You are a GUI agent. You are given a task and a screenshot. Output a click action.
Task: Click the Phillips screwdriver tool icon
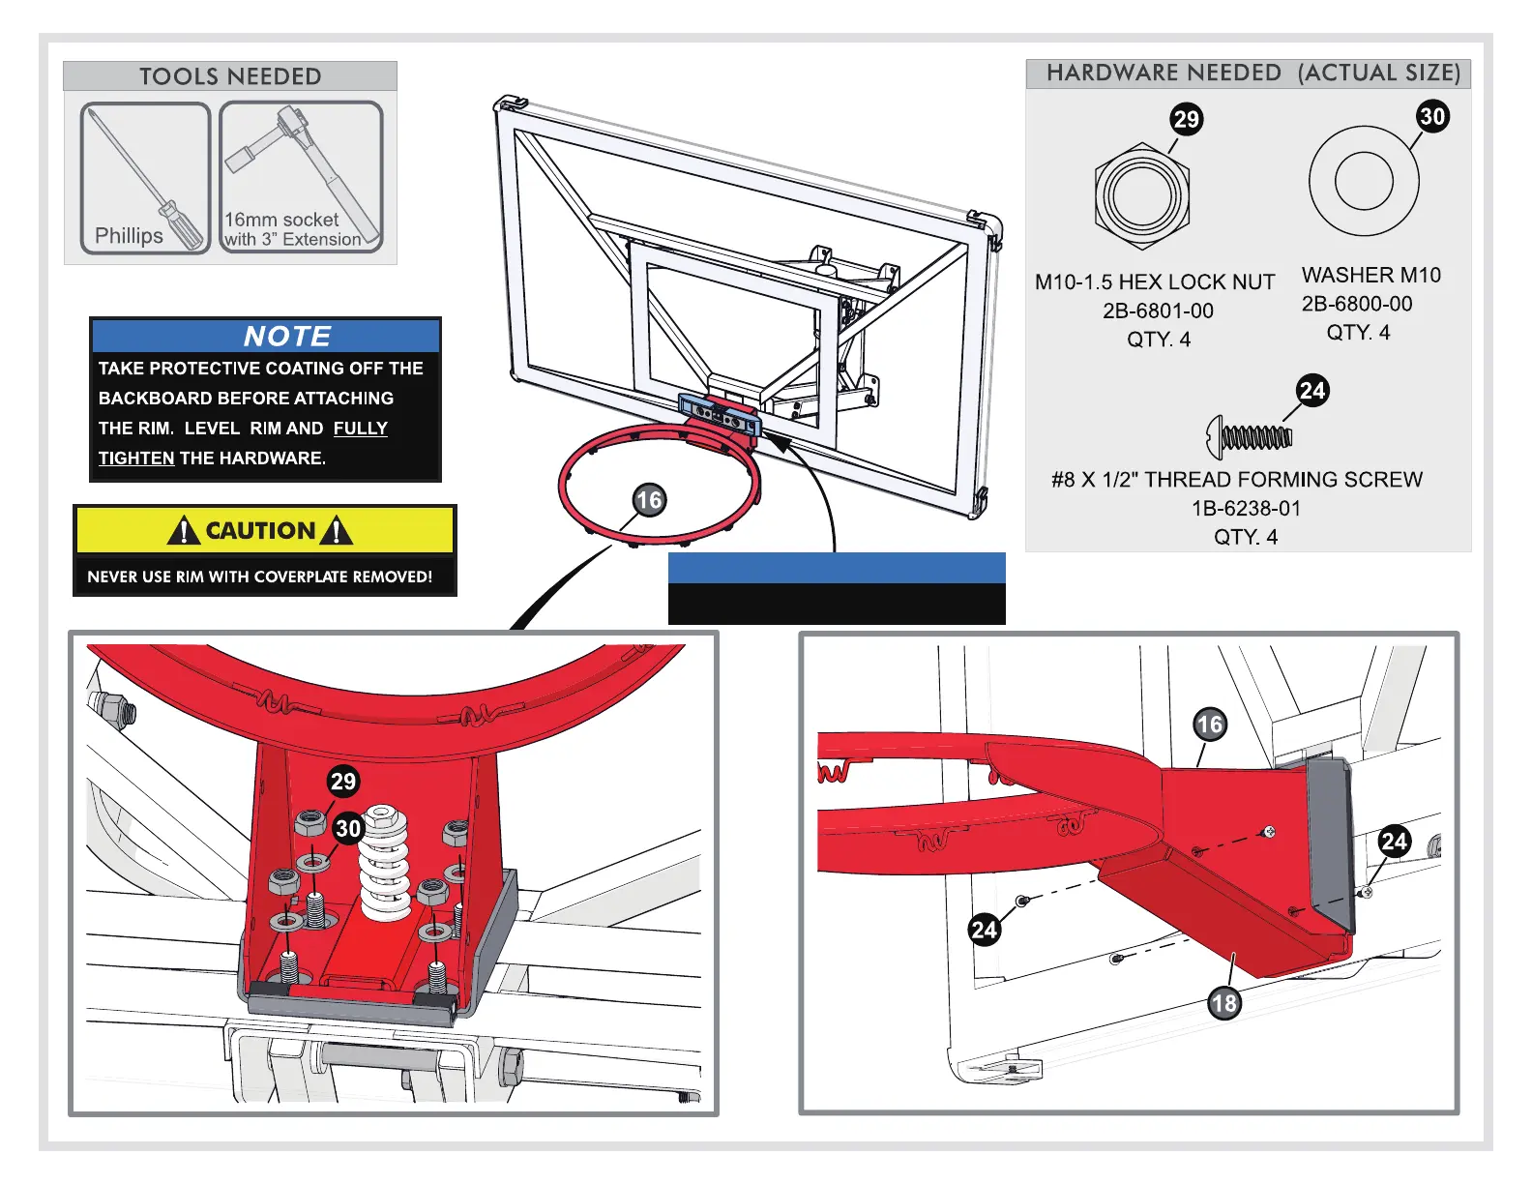[145, 178]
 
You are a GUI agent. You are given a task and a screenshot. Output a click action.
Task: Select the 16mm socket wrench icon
[302, 176]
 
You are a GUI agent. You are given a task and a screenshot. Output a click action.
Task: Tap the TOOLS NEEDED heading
[230, 76]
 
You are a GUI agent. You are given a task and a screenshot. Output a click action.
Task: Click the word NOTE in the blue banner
[287, 336]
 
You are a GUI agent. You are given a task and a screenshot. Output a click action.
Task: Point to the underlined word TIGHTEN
[136, 459]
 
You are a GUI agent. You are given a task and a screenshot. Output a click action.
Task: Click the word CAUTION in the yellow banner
[260, 531]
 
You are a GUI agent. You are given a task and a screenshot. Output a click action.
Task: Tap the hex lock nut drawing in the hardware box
[1142, 196]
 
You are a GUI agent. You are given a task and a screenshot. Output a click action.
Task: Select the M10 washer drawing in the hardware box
[1364, 181]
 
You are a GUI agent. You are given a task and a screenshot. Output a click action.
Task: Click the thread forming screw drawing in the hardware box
[1250, 437]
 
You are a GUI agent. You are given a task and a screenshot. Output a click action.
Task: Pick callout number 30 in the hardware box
[1432, 117]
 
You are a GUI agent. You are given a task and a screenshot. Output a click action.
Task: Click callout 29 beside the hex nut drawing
[1186, 119]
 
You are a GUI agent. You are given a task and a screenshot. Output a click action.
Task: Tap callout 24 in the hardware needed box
[1312, 391]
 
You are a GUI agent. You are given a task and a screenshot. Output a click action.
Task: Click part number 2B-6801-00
[1158, 311]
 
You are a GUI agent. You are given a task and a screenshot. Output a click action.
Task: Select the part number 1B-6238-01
[1246, 508]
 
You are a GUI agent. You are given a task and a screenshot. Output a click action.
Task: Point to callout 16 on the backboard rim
[649, 500]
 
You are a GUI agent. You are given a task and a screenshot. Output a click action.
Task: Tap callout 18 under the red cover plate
[1223, 1003]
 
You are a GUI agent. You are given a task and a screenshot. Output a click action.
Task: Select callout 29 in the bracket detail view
[343, 781]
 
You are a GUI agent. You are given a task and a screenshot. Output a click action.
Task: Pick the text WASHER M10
[1370, 276]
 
